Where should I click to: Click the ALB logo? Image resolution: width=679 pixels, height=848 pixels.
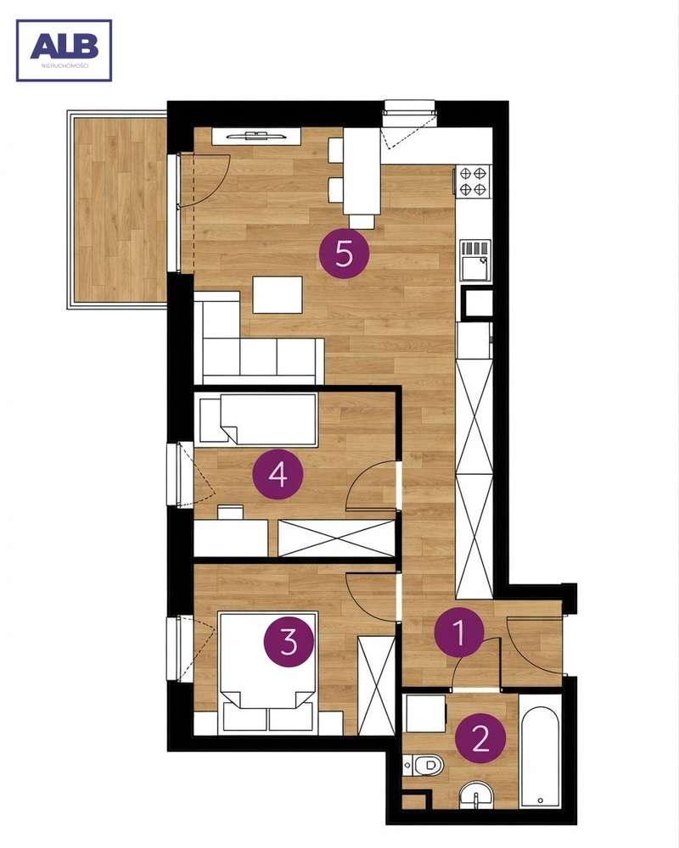[x=64, y=50]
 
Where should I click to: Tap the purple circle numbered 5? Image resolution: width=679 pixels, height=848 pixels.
[x=344, y=253]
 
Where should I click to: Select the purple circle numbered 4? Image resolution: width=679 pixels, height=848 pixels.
[x=278, y=476]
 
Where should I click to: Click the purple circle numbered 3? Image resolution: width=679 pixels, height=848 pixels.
[x=289, y=642]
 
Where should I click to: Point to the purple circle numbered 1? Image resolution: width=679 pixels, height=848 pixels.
[x=459, y=633]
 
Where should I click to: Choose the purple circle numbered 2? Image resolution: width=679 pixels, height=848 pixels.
[x=480, y=738]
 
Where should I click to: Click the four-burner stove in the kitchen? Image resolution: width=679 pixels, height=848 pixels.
[x=474, y=181]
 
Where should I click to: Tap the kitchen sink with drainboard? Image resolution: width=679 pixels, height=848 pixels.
[x=475, y=260]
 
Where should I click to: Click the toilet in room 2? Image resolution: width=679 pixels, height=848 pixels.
[x=424, y=765]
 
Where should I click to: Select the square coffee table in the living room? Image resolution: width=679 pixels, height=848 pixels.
[x=278, y=295]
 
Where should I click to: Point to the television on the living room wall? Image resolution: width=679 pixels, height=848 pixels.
[x=256, y=136]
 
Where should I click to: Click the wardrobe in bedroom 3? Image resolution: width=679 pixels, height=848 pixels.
[x=376, y=686]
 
